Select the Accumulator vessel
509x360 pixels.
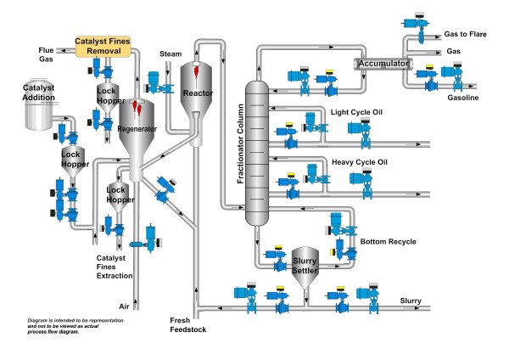(x=382, y=63)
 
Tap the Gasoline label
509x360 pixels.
(x=463, y=98)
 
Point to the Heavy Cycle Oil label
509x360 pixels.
(x=359, y=162)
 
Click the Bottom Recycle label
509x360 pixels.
(x=388, y=242)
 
